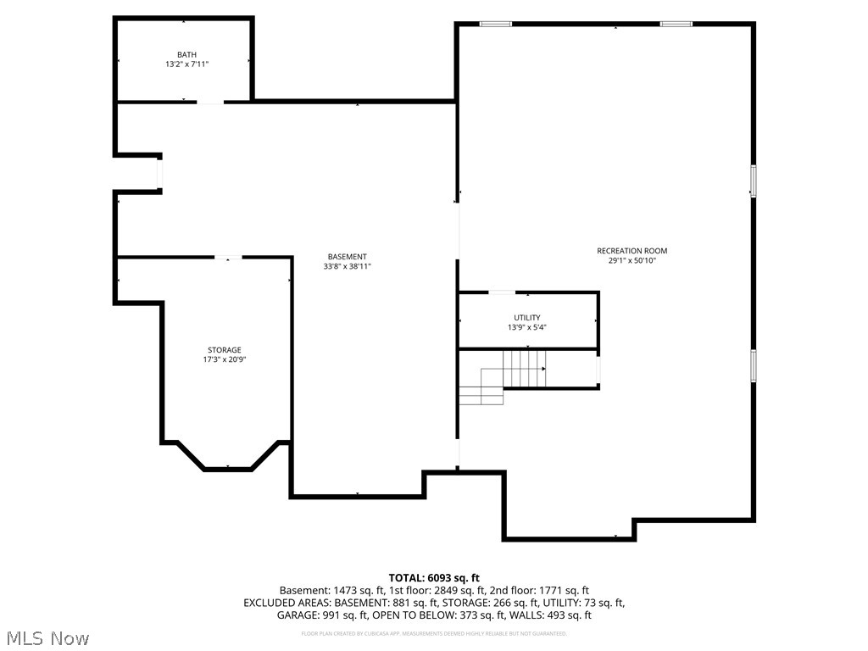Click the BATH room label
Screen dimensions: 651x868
click(186, 54)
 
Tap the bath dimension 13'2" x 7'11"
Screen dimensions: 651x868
click(186, 64)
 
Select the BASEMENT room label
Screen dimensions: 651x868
click(348, 257)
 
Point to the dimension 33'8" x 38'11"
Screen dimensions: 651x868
click(348, 266)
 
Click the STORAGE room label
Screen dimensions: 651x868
click(225, 350)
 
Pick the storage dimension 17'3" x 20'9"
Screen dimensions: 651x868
click(225, 359)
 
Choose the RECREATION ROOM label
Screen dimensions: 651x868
click(632, 251)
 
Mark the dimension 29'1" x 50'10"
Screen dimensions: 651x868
click(632, 261)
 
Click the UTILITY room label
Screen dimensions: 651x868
click(527, 318)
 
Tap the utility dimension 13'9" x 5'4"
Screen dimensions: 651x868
click(527, 327)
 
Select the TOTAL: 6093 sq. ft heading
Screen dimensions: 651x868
click(434, 577)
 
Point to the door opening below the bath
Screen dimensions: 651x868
click(210, 103)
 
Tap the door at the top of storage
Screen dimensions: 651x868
click(227, 258)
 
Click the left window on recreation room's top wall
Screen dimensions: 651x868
click(495, 24)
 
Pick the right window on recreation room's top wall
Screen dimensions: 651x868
click(676, 24)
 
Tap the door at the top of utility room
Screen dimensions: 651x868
click(501, 293)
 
